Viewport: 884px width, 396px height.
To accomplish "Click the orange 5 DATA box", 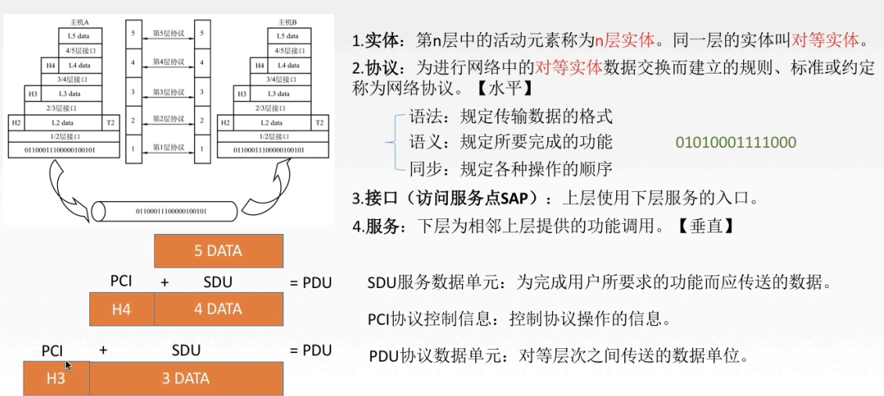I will click(x=218, y=251).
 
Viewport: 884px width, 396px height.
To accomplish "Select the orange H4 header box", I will click(x=121, y=309).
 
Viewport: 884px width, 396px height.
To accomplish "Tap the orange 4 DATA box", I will click(x=218, y=309).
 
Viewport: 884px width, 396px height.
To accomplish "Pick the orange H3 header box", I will click(x=56, y=379).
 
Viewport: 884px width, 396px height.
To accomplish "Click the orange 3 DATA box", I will click(x=186, y=379).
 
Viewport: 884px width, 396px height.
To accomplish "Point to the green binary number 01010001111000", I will click(x=735, y=142).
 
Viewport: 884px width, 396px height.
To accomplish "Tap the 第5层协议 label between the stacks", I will click(x=168, y=34).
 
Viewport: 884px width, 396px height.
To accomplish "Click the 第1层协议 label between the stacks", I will click(x=168, y=147).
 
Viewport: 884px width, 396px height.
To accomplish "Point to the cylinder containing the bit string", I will click(x=164, y=211).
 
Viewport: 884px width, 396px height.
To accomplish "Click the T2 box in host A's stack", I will click(x=110, y=123).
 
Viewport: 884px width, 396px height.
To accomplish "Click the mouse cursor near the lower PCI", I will click(x=69, y=365).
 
